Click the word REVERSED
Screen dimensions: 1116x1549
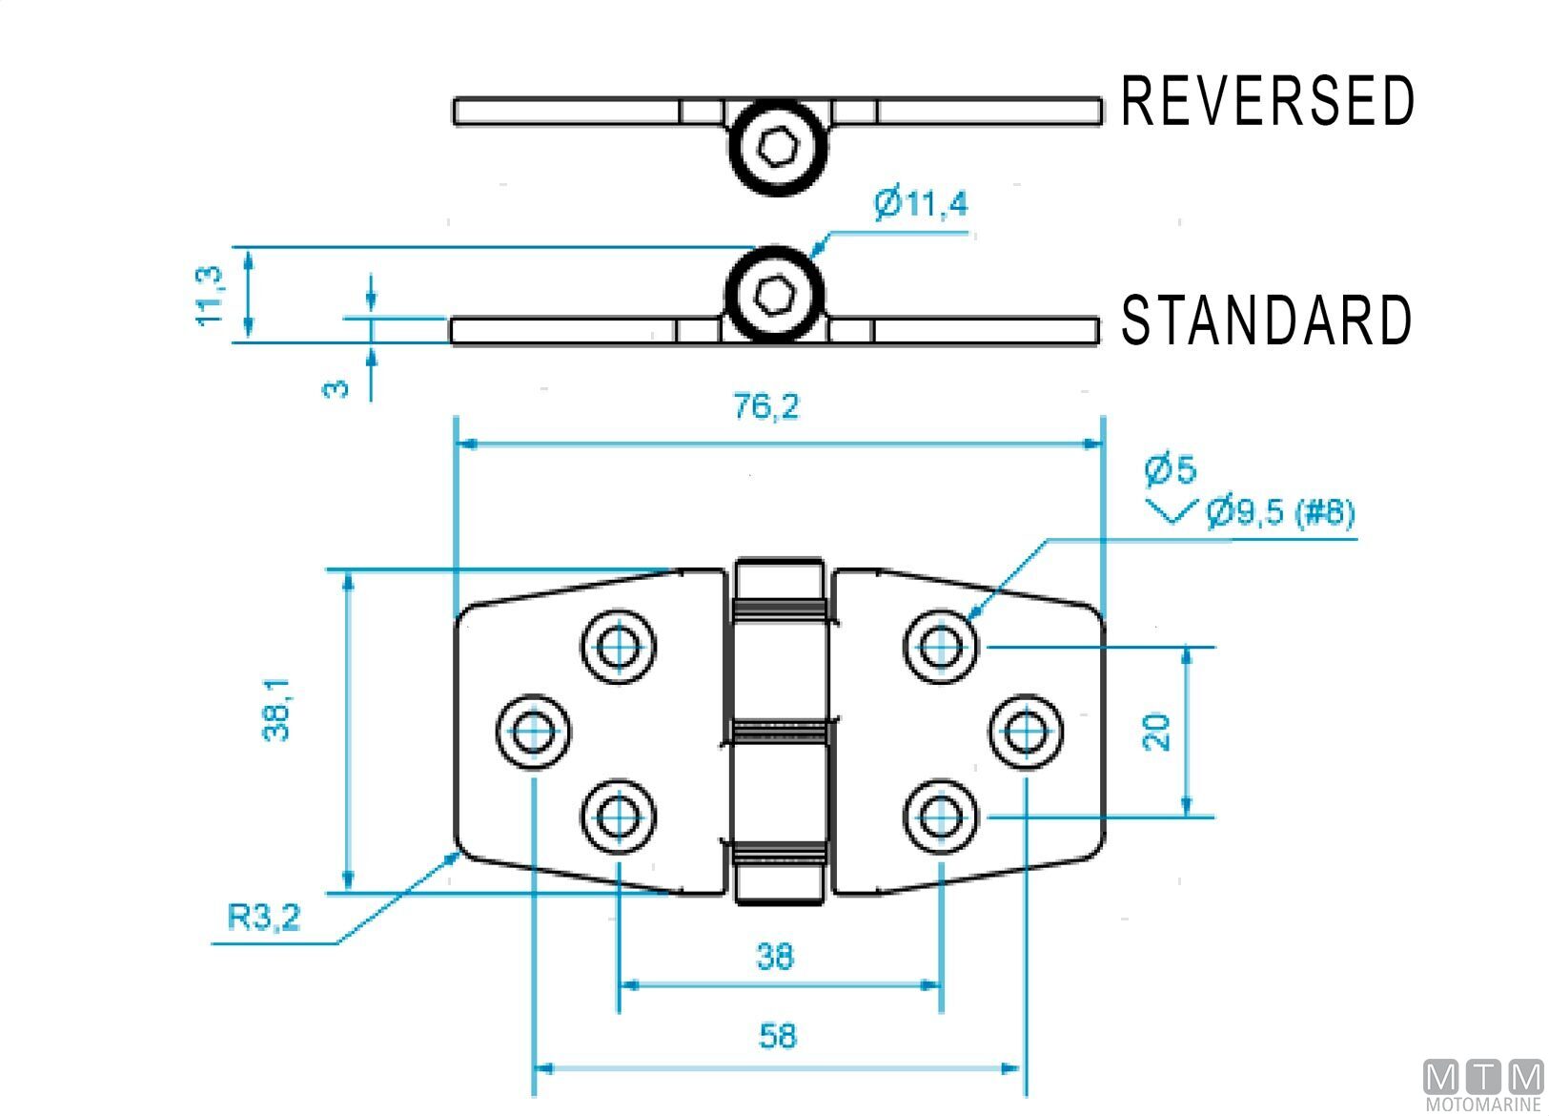coord(1267,101)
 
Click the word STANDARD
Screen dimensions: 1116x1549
coord(1265,320)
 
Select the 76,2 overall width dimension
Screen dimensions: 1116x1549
coord(766,407)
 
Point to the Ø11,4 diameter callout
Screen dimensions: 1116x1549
coord(921,203)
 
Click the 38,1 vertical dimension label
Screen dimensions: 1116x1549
coord(276,711)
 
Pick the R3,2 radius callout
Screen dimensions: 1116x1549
coord(264,917)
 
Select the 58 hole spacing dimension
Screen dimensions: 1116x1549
coord(777,1036)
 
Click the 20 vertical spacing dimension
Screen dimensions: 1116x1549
coord(1156,732)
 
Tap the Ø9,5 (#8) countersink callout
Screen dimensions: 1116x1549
coord(1280,512)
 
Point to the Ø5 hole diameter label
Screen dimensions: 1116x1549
coord(1170,469)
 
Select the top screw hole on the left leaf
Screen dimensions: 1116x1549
coord(619,647)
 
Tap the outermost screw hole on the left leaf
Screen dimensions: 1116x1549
coord(534,732)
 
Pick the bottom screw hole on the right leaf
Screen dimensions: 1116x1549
coord(941,816)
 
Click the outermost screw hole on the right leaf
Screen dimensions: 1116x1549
coord(1026,732)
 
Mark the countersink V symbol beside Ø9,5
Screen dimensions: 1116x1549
coord(1172,511)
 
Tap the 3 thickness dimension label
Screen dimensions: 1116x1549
coord(336,388)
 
